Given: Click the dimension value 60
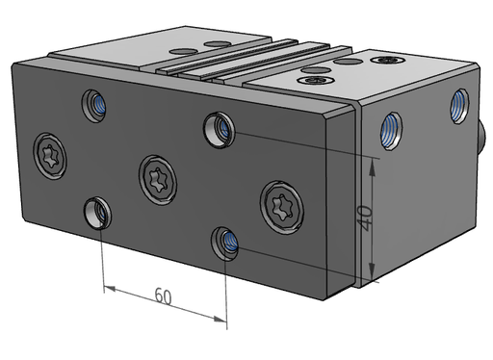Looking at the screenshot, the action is tap(164, 296).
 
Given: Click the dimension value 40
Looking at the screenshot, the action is tap(366, 219).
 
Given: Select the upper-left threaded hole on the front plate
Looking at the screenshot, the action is tap(94, 106).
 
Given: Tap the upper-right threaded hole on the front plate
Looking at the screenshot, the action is tap(220, 130).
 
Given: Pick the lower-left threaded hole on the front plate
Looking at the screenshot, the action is tap(97, 214).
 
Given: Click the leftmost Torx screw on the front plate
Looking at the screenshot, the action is tap(50, 156).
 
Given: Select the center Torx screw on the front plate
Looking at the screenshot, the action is tap(158, 180).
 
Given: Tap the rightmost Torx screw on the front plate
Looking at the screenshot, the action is tap(282, 207).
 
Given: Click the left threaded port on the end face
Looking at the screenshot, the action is tap(392, 130).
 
